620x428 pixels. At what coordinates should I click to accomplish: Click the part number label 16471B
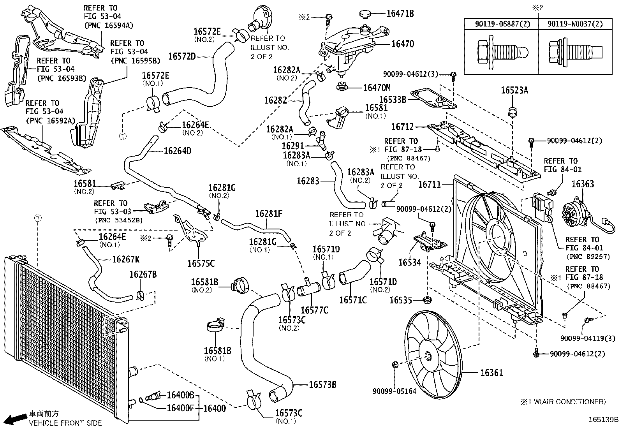(400, 14)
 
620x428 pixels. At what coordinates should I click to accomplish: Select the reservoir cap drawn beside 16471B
(367, 15)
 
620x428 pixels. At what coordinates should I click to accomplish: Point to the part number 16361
(491, 373)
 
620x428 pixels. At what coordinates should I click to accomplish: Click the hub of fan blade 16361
(428, 356)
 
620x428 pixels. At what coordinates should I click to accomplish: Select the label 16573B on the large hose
(322, 385)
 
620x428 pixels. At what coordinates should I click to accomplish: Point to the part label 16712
(402, 127)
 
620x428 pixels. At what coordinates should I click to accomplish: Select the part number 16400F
(181, 408)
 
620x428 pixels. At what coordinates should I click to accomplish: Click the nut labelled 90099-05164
(395, 365)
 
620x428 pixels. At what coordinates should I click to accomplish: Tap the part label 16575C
(201, 264)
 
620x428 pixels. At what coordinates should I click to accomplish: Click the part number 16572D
(182, 56)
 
